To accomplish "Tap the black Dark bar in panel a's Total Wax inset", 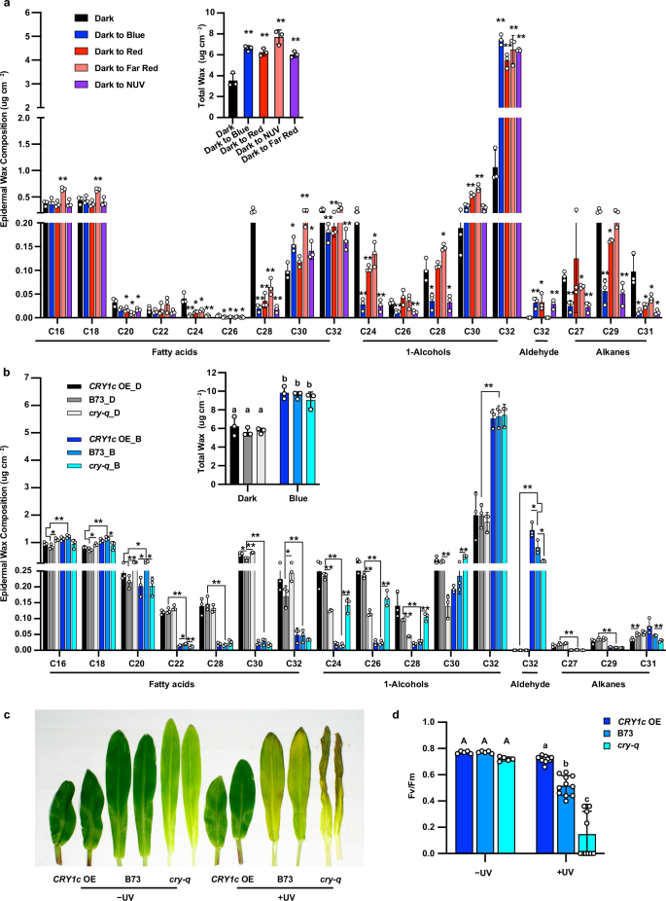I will [x=231, y=86].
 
